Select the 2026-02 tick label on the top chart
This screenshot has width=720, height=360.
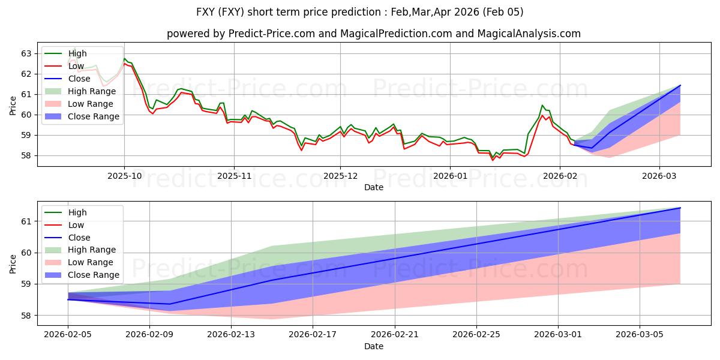click(x=559, y=176)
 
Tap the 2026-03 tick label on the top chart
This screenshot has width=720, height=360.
click(x=659, y=176)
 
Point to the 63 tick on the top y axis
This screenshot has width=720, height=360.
click(x=26, y=53)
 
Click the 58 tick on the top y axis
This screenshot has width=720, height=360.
click(x=26, y=155)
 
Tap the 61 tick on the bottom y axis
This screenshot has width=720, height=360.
click(x=26, y=221)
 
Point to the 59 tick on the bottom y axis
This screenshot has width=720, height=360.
click(x=26, y=284)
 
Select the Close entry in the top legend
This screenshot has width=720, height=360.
click(x=79, y=79)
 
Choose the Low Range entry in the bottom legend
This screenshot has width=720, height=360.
click(x=91, y=262)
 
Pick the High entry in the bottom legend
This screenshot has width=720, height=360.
click(x=77, y=212)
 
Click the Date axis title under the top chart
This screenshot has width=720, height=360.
click(x=373, y=187)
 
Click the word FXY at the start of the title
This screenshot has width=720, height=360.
click(x=208, y=12)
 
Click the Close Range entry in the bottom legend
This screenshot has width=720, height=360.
click(x=94, y=275)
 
